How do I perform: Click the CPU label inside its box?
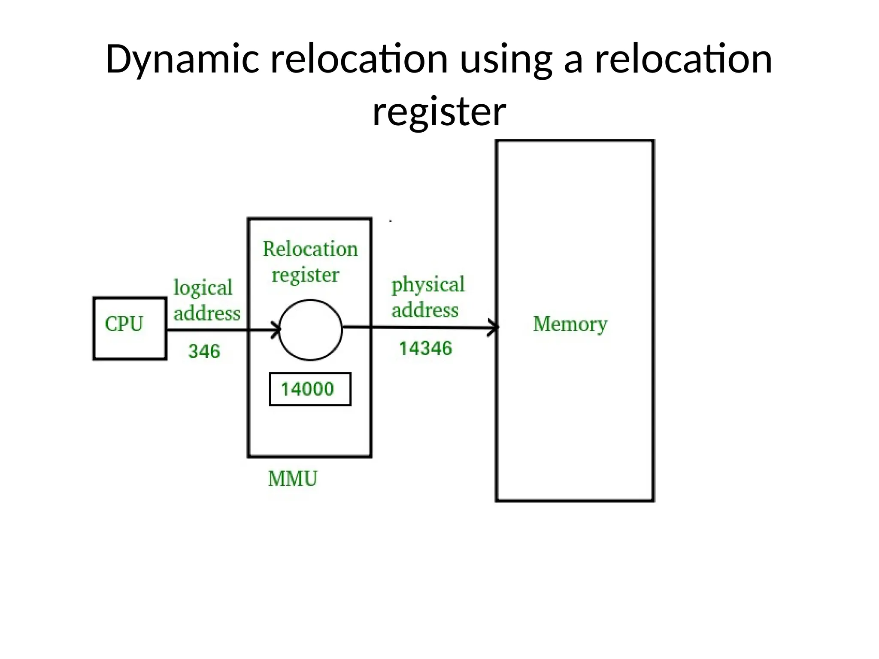pyautogui.click(x=124, y=324)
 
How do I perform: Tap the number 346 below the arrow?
pyautogui.click(x=204, y=351)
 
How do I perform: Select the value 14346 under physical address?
pyautogui.click(x=425, y=348)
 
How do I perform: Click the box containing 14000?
pyautogui.click(x=310, y=389)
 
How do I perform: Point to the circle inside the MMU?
pyautogui.click(x=310, y=329)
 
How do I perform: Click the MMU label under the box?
pyautogui.click(x=293, y=479)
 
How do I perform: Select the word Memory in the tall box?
pyautogui.click(x=570, y=324)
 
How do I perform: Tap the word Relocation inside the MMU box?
pyautogui.click(x=310, y=249)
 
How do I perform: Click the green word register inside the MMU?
pyautogui.click(x=305, y=275)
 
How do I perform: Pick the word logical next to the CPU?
pyautogui.click(x=203, y=287)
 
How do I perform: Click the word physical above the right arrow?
pyautogui.click(x=428, y=284)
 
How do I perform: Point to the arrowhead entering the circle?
pyautogui.click(x=276, y=330)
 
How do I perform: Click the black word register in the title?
pyautogui.click(x=439, y=112)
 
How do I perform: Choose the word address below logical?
pyautogui.click(x=207, y=313)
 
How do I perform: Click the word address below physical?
pyautogui.click(x=425, y=310)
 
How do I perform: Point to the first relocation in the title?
pyautogui.click(x=359, y=59)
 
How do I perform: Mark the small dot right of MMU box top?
pyautogui.click(x=391, y=221)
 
